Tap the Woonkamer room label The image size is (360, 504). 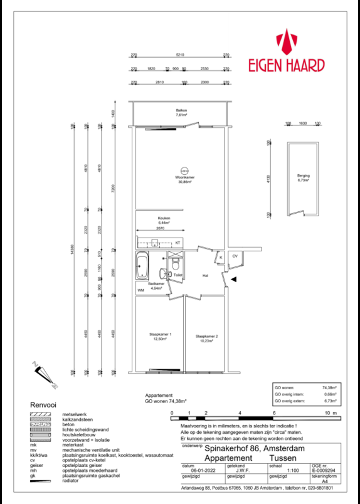pyautogui.click(x=185, y=179)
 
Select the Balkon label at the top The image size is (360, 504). pyautogui.click(x=181, y=112)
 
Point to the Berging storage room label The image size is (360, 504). pyautogui.click(x=304, y=177)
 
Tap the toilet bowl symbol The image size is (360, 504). pyautogui.click(x=175, y=263)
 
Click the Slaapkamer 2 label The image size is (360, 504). pyautogui.click(x=206, y=336)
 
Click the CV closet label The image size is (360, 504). pyautogui.click(x=235, y=256)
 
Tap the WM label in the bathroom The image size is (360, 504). pyautogui.click(x=141, y=291)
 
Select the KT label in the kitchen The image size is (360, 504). pyautogui.click(x=177, y=243)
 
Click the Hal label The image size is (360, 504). pyautogui.click(x=204, y=275)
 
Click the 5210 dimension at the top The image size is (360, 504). pyautogui.click(x=180, y=55)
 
